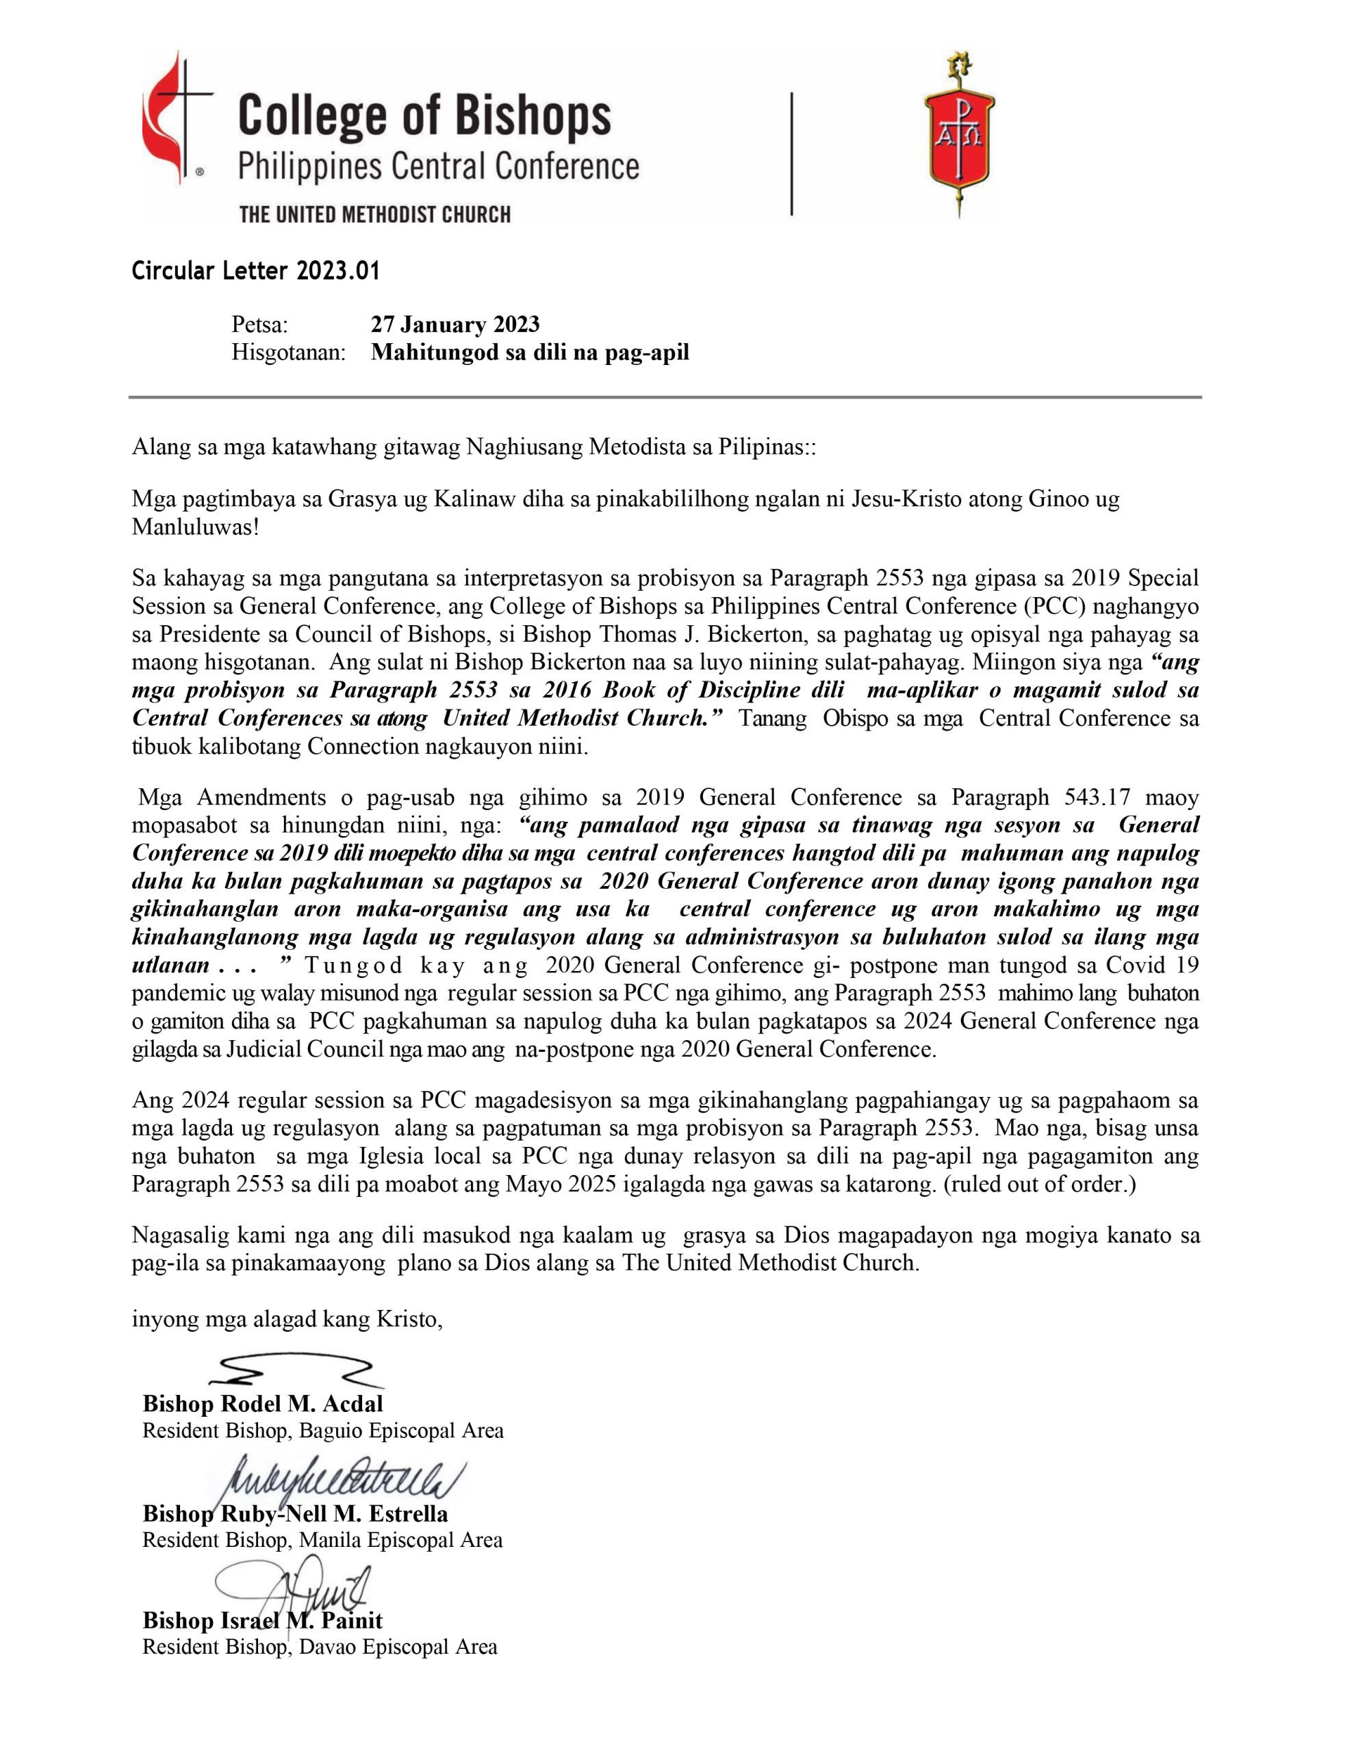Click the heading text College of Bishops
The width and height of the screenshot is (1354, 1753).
coord(424,116)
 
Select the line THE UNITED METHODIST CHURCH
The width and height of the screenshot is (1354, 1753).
coord(375,214)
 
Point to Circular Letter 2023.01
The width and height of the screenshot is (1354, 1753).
coord(255,271)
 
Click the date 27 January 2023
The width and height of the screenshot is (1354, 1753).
coord(455,325)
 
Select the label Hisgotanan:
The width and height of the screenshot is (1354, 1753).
coord(288,353)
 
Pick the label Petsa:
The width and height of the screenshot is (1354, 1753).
coord(259,325)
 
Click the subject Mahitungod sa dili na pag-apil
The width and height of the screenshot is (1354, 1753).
coord(530,353)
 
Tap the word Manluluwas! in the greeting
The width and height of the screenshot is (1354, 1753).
coord(195,527)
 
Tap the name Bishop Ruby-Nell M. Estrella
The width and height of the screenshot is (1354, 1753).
coord(295,1514)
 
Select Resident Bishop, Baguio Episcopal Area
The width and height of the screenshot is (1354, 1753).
coord(322,1430)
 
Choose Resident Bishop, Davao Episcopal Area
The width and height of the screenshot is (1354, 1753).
coord(320,1647)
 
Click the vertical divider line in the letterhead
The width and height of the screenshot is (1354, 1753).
coord(791,154)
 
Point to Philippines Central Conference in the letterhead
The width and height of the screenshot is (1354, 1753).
coord(438,167)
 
